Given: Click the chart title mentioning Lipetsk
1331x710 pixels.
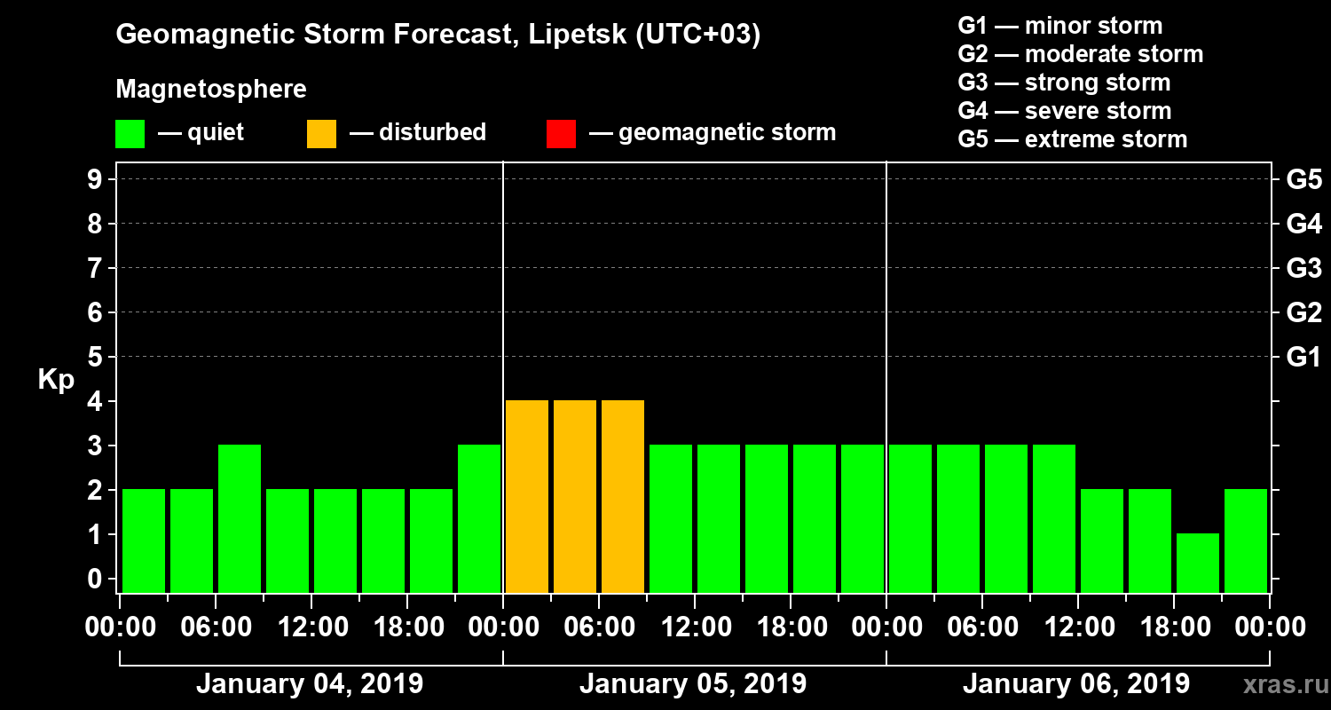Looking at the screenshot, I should point(438,35).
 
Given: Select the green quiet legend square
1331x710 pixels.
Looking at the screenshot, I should point(130,133).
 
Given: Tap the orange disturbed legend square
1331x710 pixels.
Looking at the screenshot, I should point(321,133).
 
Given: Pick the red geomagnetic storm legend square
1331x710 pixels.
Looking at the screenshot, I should point(561,133).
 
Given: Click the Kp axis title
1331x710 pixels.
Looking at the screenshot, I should point(56,380).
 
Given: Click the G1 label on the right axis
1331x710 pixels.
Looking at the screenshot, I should point(1303,358).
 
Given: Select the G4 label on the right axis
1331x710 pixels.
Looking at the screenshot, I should point(1303,225).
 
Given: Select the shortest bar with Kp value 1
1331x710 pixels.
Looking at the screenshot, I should point(1198,562).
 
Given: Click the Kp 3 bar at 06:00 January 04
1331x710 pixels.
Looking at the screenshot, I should point(240,517).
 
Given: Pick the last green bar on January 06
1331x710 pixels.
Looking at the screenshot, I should point(1246,540).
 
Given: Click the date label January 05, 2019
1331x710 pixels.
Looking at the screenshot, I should point(693,684).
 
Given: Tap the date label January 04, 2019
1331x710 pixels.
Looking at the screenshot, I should point(310,684).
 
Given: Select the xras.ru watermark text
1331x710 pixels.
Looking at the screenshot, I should point(1279,685).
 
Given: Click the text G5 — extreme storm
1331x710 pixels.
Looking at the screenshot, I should point(1072,139).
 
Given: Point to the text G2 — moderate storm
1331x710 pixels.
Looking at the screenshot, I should point(1080,54).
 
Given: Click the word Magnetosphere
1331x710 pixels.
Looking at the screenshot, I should point(211,90).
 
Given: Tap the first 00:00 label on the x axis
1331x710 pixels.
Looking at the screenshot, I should point(120,627).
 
